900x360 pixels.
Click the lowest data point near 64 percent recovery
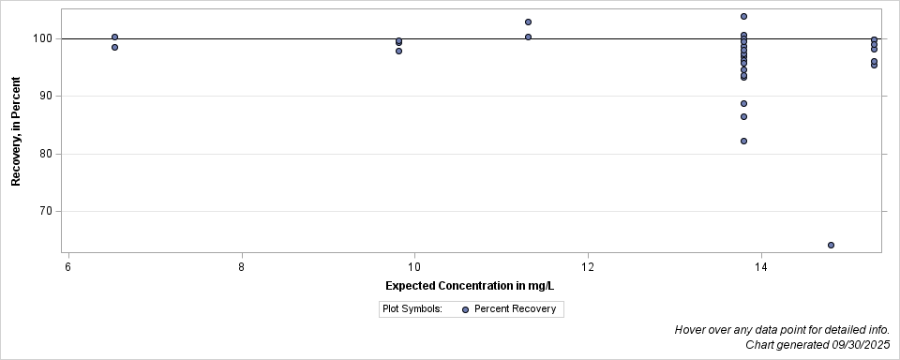pos(831,245)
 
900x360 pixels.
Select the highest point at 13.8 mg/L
pos(743,16)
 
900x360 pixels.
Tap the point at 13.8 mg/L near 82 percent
pos(743,141)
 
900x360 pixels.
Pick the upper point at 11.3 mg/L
pos(528,22)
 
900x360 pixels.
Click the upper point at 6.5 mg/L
pos(114,37)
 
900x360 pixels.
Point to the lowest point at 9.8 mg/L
pos(398,51)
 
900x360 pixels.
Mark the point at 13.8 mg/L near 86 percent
pos(743,116)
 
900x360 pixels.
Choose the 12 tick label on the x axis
pos(588,267)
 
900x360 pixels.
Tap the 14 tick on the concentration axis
pos(761,267)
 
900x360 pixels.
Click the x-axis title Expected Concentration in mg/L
pos(470,285)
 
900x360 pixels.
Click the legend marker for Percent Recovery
pos(465,309)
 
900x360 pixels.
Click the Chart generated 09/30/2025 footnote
pos(817,345)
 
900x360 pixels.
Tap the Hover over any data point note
pos(781,330)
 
